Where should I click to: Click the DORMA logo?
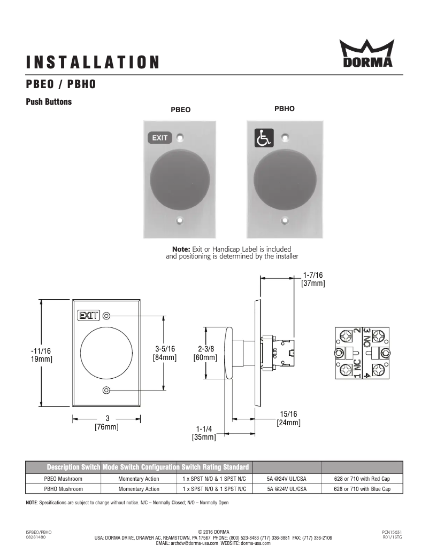pyautogui.click(x=366, y=54)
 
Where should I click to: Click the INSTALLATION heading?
pyautogui.click(x=93, y=63)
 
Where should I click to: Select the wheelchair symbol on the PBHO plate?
pyautogui.click(x=263, y=138)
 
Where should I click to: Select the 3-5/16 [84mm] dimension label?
pyautogui.click(x=165, y=353)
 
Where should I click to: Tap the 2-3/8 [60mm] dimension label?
pyautogui.click(x=205, y=353)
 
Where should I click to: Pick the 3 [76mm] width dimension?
pyautogui.click(x=107, y=423)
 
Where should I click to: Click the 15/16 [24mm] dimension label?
pyautogui.click(x=288, y=418)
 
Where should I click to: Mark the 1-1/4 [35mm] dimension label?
pyautogui.click(x=204, y=433)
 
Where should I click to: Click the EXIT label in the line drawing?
pyautogui.click(x=88, y=316)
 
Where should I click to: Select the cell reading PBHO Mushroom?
pyautogui.click(x=63, y=489)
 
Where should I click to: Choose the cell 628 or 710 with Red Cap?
pyautogui.click(x=362, y=479)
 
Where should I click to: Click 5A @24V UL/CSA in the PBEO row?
pyautogui.click(x=287, y=479)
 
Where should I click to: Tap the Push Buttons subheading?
pyautogui.click(x=49, y=102)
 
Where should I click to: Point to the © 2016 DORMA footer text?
pyautogui.click(x=213, y=532)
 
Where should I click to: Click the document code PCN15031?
pyautogui.click(x=392, y=532)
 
